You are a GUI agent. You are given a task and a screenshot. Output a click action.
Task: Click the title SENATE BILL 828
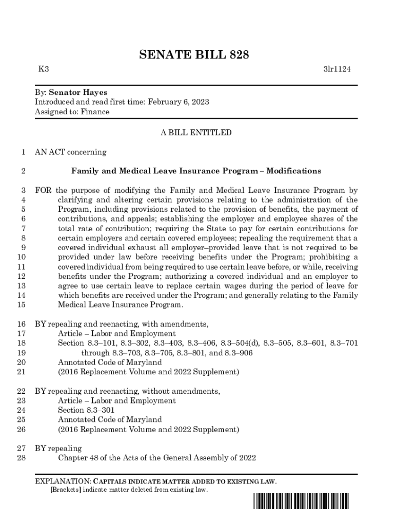pyautogui.click(x=194, y=55)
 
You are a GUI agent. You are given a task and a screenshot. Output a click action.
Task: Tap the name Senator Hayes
pyautogui.click(x=78, y=92)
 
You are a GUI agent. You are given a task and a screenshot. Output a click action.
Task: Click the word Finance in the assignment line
pyautogui.click(x=95, y=112)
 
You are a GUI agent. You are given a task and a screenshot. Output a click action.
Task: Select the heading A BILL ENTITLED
pyautogui.click(x=196, y=133)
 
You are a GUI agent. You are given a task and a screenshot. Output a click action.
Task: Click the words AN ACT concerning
pyautogui.click(x=70, y=152)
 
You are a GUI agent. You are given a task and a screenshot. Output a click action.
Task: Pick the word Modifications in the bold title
pyautogui.click(x=293, y=171)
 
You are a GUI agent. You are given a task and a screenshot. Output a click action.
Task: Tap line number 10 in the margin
pyautogui.click(x=21, y=257)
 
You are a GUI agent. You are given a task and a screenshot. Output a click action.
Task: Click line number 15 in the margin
pyautogui.click(x=21, y=305)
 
